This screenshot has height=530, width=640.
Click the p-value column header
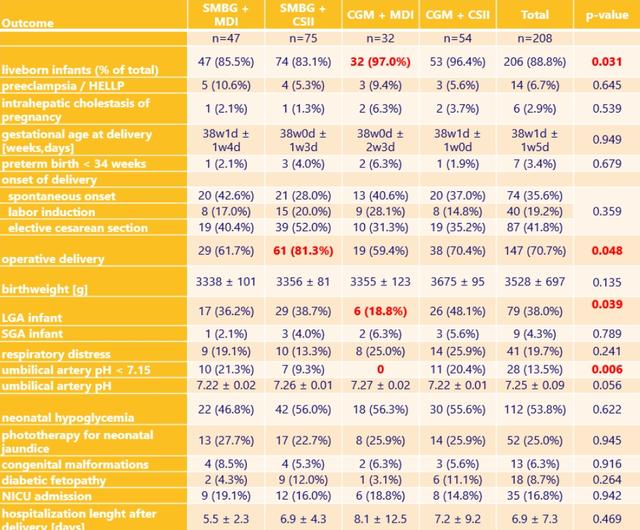coord(603,15)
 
